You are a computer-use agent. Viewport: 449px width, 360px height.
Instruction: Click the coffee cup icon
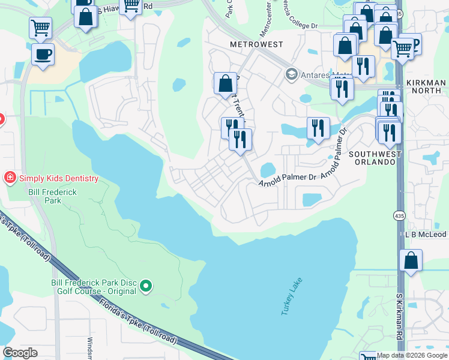43,55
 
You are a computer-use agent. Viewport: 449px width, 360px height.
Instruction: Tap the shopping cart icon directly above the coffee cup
40,27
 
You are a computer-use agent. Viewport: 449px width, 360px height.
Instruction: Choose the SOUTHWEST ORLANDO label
377,158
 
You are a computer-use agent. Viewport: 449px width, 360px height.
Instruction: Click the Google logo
20,352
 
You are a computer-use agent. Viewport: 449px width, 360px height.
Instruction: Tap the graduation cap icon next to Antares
292,74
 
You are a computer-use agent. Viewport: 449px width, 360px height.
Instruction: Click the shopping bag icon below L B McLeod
411,261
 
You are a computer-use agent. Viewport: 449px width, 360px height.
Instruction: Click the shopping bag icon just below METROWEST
225,83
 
